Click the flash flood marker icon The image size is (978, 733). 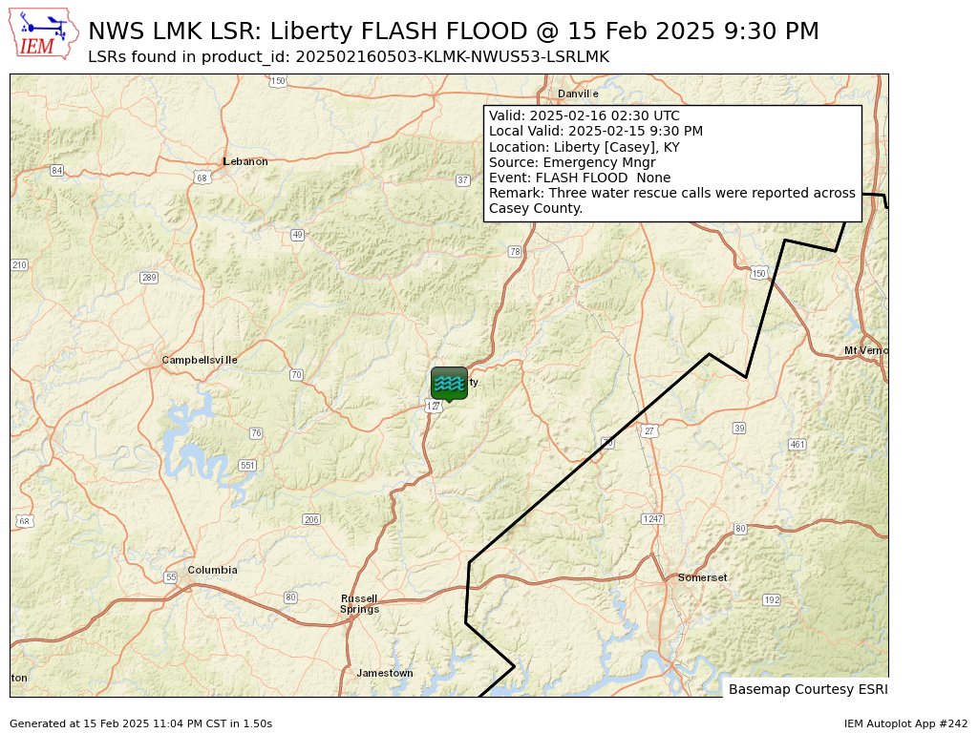click(x=449, y=383)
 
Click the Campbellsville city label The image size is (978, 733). click(x=200, y=360)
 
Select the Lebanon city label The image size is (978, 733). click(x=245, y=161)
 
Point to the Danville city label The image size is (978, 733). click(x=578, y=94)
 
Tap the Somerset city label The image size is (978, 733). click(x=702, y=577)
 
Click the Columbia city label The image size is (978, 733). click(x=212, y=570)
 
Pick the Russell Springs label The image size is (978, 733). click(x=360, y=603)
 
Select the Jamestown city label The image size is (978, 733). click(x=385, y=673)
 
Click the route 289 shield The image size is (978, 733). click(x=149, y=278)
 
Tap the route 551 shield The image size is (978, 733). click(x=247, y=465)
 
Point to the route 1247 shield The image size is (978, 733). click(x=652, y=518)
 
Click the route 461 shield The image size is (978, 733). click(x=797, y=444)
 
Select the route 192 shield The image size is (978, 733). click(x=772, y=599)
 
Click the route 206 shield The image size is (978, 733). click(x=311, y=519)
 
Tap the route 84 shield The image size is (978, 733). click(x=57, y=170)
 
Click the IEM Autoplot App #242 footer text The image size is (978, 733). click(x=905, y=723)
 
